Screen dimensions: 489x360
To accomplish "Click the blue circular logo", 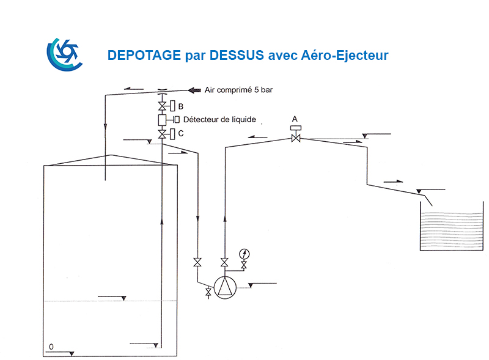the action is coord(65,54).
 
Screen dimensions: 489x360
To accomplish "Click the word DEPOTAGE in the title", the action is coord(144,55).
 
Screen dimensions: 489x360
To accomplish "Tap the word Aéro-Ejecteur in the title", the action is coord(345,55).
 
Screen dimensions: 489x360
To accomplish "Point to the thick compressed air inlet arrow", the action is coord(194,90).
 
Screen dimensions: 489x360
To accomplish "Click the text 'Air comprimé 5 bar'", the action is coord(238,90).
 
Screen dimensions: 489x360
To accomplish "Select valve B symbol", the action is coord(162,106).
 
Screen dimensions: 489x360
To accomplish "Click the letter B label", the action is coord(180,106).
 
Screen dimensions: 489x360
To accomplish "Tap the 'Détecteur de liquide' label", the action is coord(219,119).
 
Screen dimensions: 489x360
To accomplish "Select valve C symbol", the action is coord(162,134).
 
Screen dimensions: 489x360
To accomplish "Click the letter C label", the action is coord(181,133).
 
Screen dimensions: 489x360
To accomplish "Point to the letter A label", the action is coord(295,119).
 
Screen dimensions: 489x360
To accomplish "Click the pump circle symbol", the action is coord(225,287).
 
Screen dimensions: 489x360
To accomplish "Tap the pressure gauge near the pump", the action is coord(244,254).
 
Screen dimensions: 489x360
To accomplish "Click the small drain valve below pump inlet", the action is coord(208,292).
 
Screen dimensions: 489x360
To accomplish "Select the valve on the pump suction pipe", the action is coord(197,262).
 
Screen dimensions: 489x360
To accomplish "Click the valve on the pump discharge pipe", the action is coord(224,262).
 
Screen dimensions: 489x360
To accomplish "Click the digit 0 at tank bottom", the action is coord(51,347).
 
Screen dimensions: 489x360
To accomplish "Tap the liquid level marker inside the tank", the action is coord(123,298).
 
